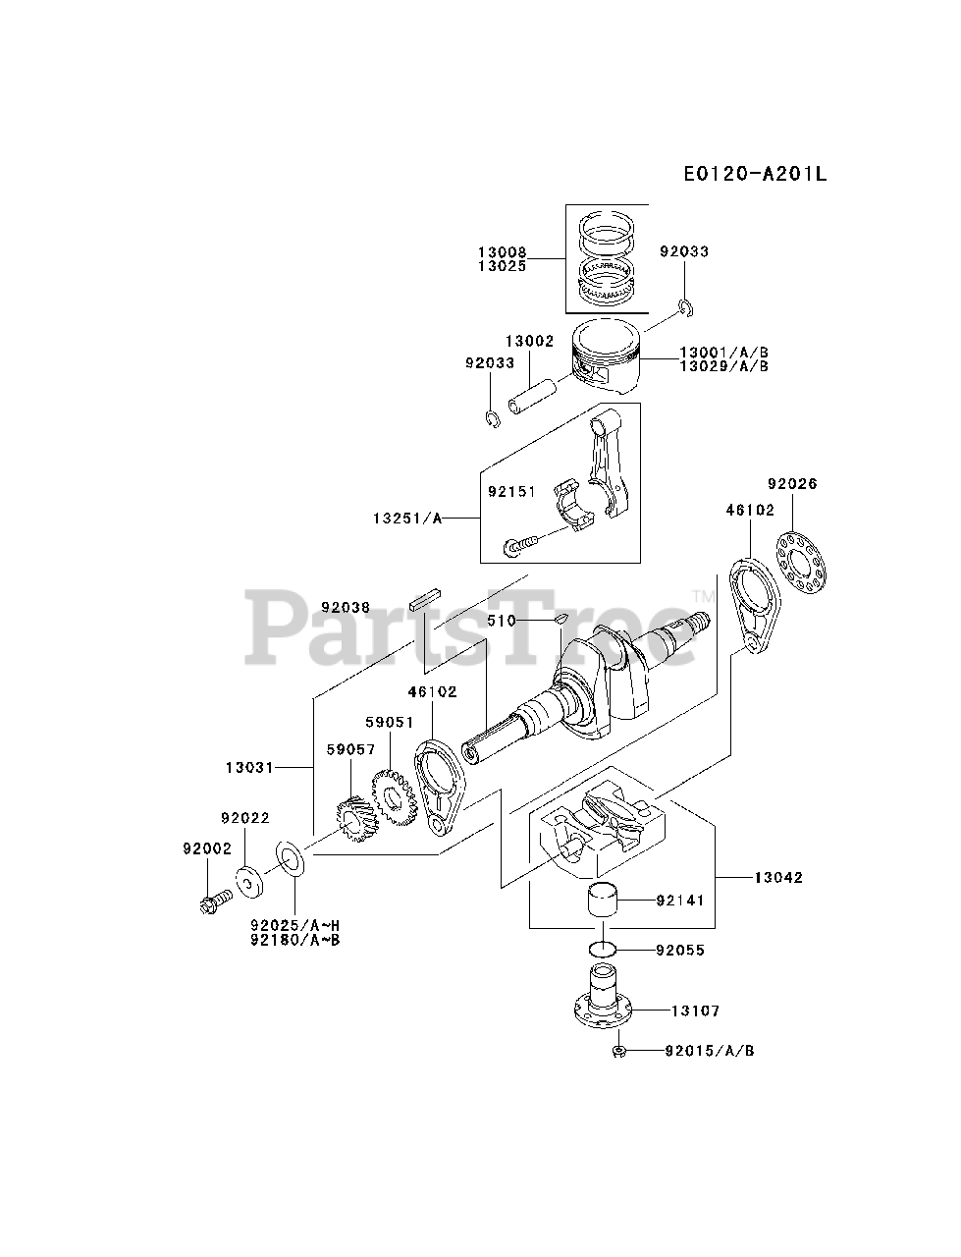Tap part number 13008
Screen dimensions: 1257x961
coord(503,252)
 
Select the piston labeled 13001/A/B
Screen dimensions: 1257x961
coord(608,357)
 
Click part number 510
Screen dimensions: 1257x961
coord(503,621)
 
